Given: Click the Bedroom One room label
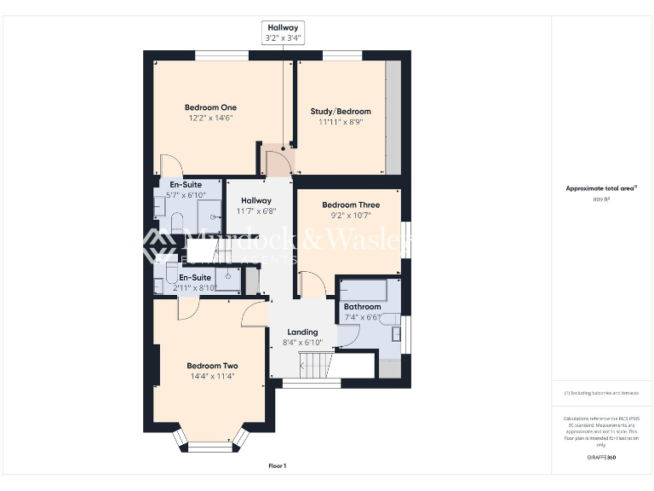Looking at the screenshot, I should pos(210,107).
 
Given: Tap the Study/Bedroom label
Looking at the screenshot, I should pos(341,112).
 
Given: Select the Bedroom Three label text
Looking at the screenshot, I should pos(350,205).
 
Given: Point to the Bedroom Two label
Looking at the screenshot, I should pos(212,366).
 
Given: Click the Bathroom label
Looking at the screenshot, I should pos(362,307).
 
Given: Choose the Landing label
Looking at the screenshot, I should pos(302,332).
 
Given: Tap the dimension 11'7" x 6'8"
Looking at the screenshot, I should pos(255,211).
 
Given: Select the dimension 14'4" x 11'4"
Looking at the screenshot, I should pos(212,376).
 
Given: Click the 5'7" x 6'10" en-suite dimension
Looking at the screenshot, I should pos(185,195).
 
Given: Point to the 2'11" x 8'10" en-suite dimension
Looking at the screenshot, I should pos(195,288).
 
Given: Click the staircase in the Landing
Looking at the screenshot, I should pos(314,367).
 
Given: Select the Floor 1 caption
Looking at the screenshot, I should pos(277,466).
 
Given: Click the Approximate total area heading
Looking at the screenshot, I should pos(601,188).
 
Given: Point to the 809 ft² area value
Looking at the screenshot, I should pos(601,199).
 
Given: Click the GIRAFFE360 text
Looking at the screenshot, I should pos(601,458).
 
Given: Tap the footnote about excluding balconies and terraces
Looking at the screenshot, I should pos(601,393).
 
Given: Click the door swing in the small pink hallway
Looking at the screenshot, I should pos(278,162).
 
